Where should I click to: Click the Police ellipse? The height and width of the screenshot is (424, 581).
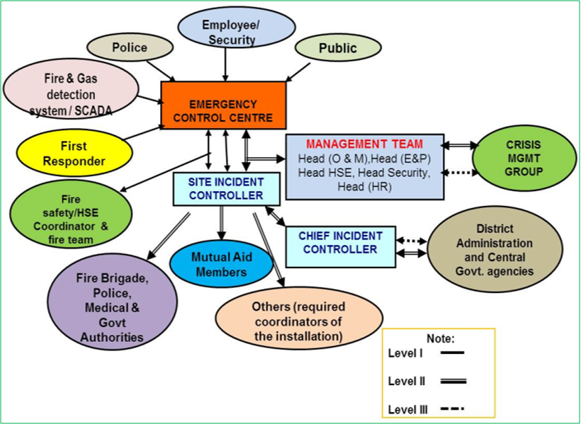point(130,47)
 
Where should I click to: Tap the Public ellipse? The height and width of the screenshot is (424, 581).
point(337,48)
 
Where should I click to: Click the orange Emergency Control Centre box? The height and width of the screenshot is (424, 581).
point(224,105)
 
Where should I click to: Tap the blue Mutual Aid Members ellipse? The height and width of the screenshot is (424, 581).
point(221,264)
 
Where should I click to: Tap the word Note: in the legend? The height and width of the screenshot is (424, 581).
point(440,338)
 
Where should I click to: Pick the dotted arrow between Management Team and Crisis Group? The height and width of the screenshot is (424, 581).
point(455,172)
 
